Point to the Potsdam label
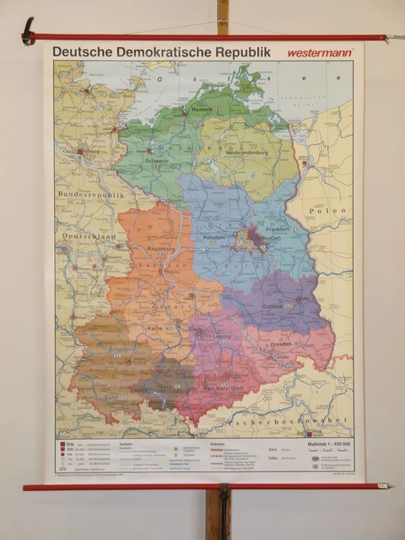pyautogui.click(x=214, y=238)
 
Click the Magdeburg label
pyautogui.click(x=148, y=250)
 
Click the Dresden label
pyautogui.click(x=282, y=344)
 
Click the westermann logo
pyautogui.click(x=320, y=53)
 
